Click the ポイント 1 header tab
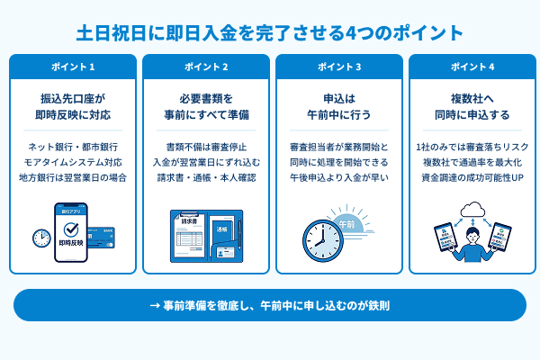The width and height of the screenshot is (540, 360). [x=73, y=67]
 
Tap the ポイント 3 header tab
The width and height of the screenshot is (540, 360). [x=339, y=67]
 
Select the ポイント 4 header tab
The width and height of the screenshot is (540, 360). [x=472, y=67]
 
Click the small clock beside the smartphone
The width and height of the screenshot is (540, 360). [x=41, y=238]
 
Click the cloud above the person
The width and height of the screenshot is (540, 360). [x=473, y=212]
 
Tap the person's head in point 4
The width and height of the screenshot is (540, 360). [x=473, y=235]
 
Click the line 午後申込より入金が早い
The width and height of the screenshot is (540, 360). [x=339, y=176]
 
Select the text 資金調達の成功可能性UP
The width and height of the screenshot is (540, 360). [x=472, y=176]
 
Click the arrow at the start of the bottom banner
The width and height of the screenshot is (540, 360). [x=154, y=306]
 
